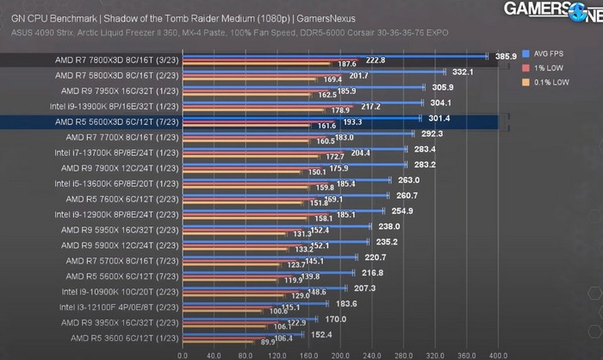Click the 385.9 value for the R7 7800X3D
[506, 55]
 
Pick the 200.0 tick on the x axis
[340, 354]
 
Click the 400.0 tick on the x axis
[499, 354]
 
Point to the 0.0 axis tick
[182, 354]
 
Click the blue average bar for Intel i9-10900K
[264, 288]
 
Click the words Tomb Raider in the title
[203, 18]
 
